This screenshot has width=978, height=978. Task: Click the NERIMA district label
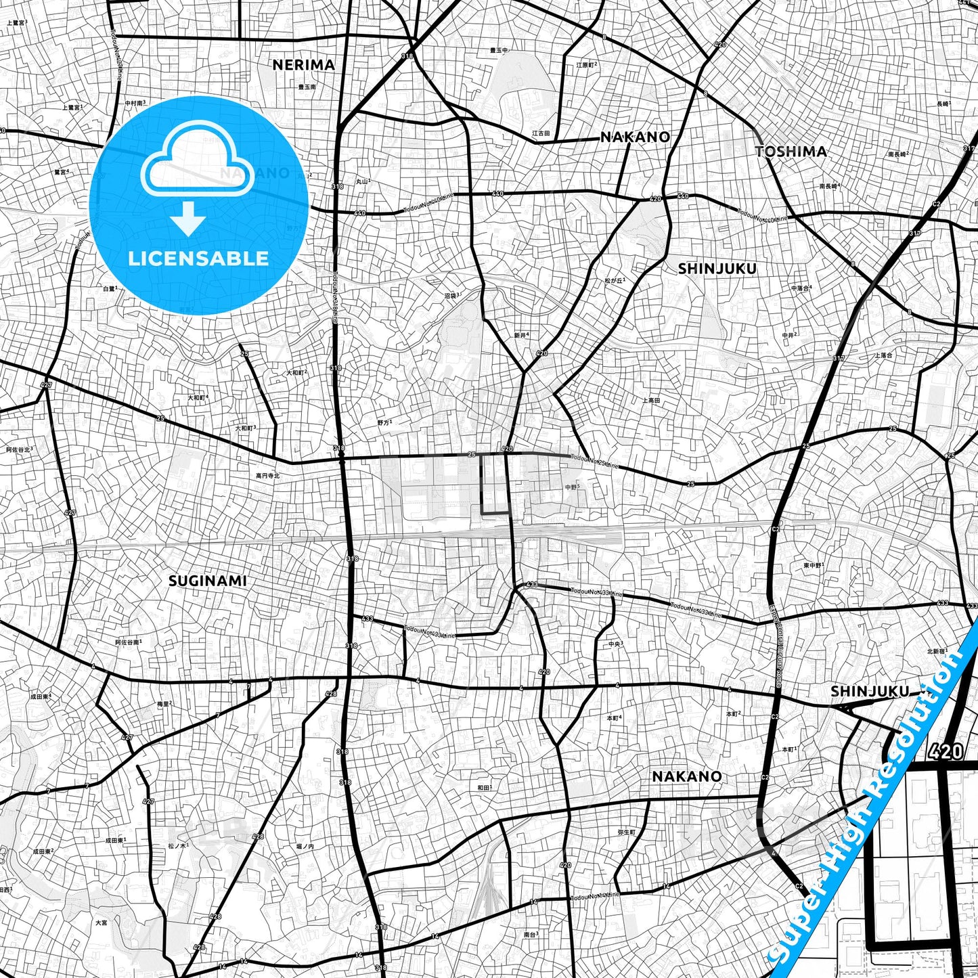[303, 65]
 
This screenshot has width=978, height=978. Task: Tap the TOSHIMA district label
[791, 152]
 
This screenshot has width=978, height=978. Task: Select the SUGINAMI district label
[207, 581]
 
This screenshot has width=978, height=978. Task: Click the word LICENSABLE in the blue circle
[198, 258]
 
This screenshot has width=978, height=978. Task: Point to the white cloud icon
[197, 164]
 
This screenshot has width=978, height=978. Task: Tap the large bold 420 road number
[946, 751]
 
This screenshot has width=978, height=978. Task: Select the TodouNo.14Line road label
[594, 896]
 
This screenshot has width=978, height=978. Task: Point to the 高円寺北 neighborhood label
[267, 476]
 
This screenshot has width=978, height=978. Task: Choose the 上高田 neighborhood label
[650, 400]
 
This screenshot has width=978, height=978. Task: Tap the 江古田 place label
[540, 133]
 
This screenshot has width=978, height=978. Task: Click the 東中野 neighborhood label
[813, 564]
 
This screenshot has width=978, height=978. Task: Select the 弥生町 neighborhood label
[627, 832]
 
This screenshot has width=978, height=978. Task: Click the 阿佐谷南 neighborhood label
[128, 642]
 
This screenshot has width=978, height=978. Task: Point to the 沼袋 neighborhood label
[451, 295]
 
